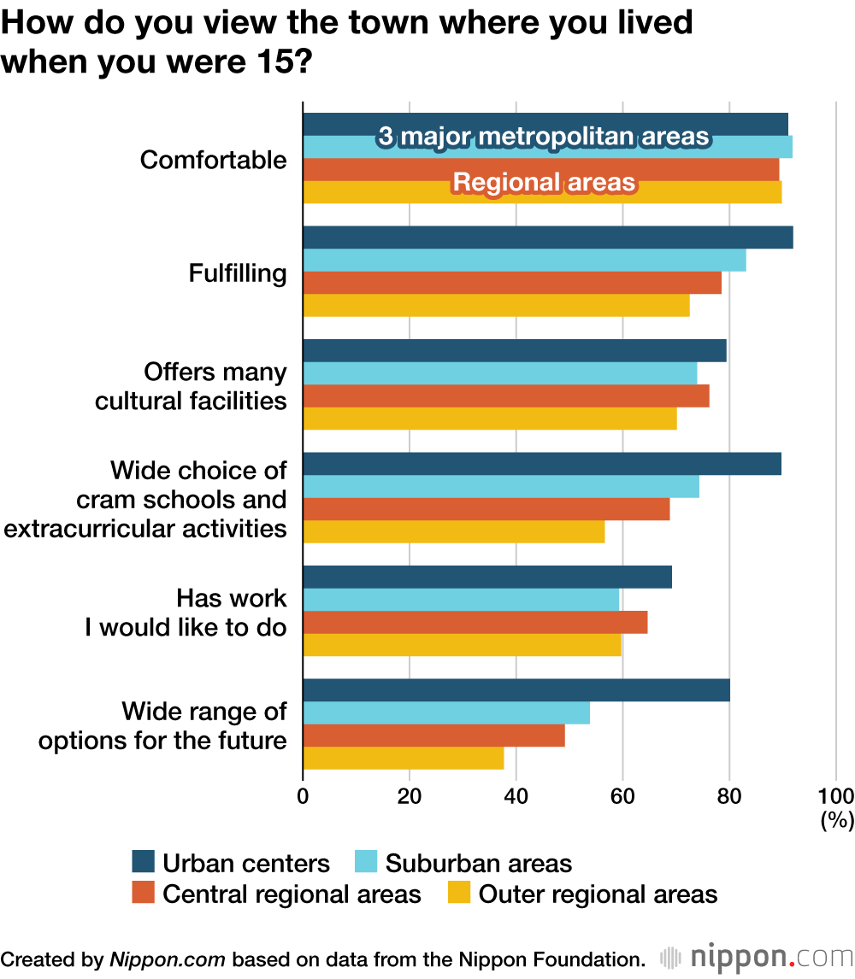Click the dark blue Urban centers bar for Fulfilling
click(547, 237)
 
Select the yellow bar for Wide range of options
click(403, 758)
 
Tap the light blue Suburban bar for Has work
click(461, 601)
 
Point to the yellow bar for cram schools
click(453, 531)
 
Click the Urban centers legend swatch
click(143, 862)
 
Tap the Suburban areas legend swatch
click(365, 862)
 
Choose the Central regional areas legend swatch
click(143, 894)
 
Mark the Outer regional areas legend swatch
click(459, 894)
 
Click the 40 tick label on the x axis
click(516, 796)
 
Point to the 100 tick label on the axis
click(835, 796)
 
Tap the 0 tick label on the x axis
click(303, 796)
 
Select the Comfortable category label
click(213, 160)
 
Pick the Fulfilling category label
click(238, 273)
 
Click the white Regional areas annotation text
click(544, 182)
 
